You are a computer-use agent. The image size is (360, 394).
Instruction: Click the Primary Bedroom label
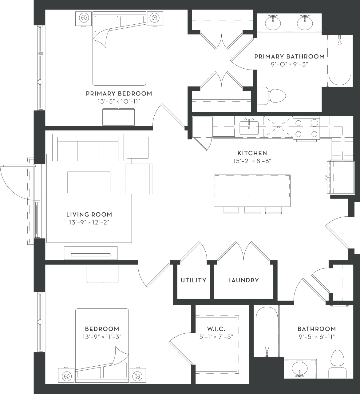coord(119,94)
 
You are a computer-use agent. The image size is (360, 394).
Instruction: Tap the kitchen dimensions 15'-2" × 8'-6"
coord(252,161)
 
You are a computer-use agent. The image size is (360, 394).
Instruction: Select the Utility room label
coord(193,280)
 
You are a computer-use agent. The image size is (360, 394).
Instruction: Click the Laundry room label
coord(243,280)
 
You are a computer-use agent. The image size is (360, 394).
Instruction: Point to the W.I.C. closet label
coord(216,329)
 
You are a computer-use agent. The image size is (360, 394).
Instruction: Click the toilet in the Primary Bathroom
coord(272,95)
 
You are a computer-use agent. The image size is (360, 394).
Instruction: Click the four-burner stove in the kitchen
coord(306,128)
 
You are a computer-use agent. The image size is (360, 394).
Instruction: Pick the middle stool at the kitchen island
coord(252,210)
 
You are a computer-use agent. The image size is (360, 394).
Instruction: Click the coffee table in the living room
coord(89,182)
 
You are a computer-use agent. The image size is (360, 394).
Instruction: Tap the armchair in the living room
coord(138,179)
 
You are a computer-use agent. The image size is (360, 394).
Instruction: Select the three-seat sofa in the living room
coord(88,148)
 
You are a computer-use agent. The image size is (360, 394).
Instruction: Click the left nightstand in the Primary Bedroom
coord(84,18)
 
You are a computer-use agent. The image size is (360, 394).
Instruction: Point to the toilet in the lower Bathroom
coord(338,364)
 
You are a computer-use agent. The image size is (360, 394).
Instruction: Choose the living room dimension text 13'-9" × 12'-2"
coord(89,222)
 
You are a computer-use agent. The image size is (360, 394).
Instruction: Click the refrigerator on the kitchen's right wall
coord(342,177)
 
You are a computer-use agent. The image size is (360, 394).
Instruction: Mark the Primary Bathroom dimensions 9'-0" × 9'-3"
coord(289,64)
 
